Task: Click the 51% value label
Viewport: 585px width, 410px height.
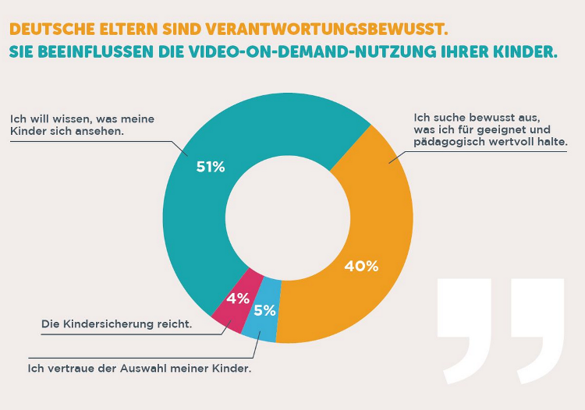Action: pos(210,166)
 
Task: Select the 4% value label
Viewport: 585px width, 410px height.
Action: pos(237,298)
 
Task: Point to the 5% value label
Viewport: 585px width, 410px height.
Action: pos(264,310)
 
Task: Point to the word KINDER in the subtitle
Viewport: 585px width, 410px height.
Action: pos(520,53)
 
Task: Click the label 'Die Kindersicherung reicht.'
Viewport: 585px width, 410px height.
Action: pos(116,323)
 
